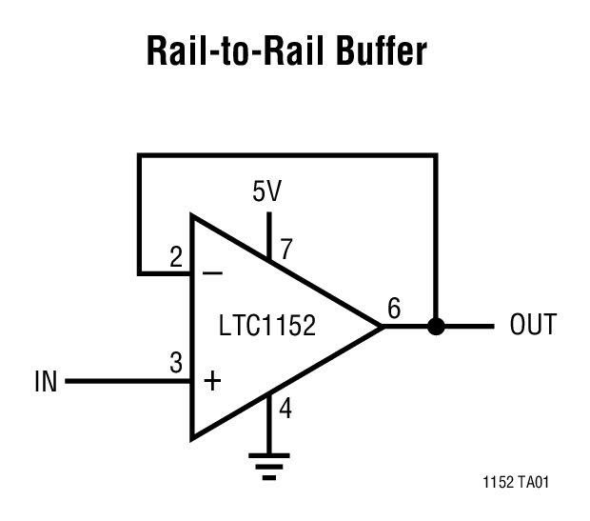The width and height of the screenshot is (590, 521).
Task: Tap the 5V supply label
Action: click(x=266, y=191)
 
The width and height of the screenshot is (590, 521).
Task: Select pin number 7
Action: click(x=285, y=250)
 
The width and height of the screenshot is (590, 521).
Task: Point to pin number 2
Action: click(x=176, y=257)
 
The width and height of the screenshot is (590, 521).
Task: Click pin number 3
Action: click(x=176, y=363)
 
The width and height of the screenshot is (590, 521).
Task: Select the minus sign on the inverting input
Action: click(x=213, y=272)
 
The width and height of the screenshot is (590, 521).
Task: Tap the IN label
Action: click(x=46, y=382)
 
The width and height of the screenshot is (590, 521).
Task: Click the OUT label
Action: click(x=533, y=326)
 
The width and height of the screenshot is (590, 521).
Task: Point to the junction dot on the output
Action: click(x=436, y=327)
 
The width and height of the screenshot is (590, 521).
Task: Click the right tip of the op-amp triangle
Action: click(x=381, y=327)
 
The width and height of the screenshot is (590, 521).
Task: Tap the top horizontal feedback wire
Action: click(x=285, y=155)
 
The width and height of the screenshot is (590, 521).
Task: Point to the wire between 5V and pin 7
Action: click(x=269, y=229)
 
